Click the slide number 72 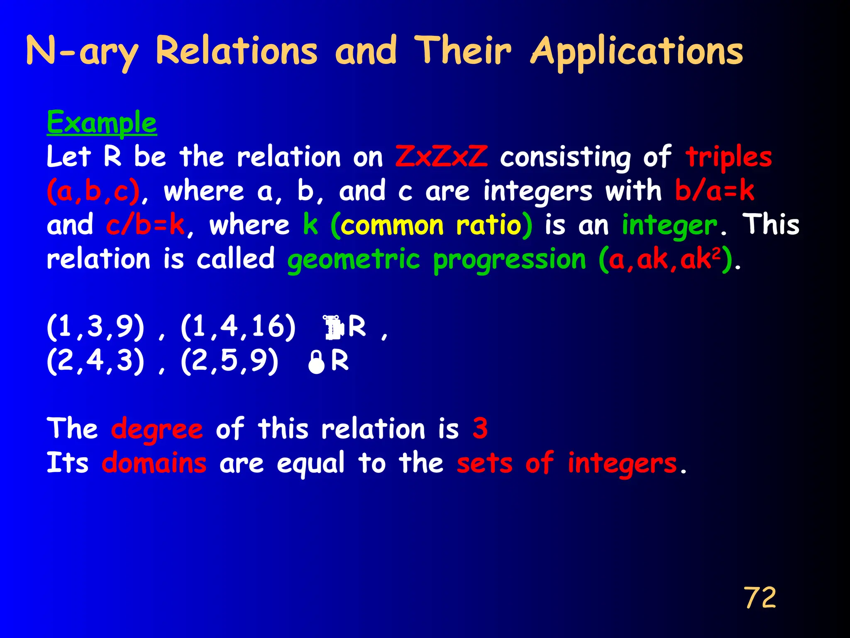pos(760,598)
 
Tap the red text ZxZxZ pos(441,157)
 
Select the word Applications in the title pos(637,52)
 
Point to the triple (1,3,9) pos(95,327)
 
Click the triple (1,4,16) pos(238,327)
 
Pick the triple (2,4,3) pos(95,361)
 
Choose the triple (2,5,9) pos(230,361)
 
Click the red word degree pos(157,429)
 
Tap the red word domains pos(154,463)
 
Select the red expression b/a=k pos(714,191)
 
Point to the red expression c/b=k pos(145,225)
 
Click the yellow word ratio pos(489,225)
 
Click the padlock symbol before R pos(316,362)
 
